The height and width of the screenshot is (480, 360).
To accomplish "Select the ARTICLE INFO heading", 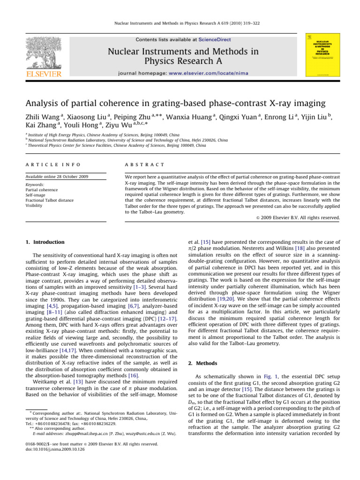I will pyautogui.click(x=46, y=165).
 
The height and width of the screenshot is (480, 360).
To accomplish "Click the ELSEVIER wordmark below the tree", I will pyautogui.click(x=43, y=74).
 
